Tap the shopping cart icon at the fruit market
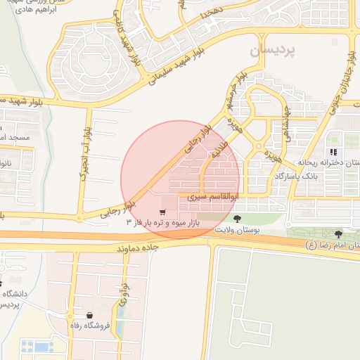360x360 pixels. coord(163,212)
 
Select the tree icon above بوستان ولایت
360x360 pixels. coord(236,219)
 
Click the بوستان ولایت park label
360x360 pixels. coord(236,231)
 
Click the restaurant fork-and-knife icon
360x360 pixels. coord(333,151)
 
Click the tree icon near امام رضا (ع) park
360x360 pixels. coord(339,233)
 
